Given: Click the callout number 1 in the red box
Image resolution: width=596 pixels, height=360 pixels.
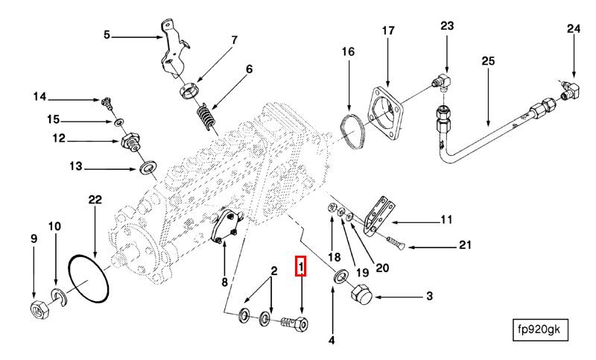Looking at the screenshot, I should [301, 265].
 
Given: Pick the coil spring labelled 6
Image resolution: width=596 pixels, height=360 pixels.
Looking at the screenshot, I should [206, 116].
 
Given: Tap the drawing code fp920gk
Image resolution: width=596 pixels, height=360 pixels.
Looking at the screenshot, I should [541, 329].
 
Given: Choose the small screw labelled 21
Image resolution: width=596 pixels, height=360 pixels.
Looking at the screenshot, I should [395, 243].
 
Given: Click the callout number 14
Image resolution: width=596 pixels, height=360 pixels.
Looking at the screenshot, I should [39, 96].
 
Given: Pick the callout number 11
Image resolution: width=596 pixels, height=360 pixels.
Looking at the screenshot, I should [446, 219].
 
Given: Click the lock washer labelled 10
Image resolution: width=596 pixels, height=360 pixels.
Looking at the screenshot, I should [57, 295].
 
